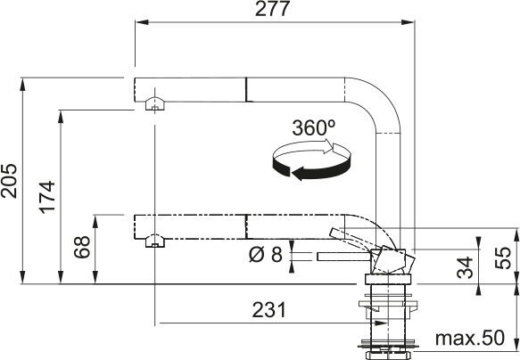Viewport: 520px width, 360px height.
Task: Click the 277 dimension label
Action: point(272,9)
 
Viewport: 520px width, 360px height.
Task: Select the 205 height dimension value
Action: point(9,181)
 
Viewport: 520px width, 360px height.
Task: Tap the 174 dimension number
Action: point(47,197)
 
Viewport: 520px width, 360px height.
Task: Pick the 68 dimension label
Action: point(82,247)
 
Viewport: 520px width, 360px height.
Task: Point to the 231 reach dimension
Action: point(268,310)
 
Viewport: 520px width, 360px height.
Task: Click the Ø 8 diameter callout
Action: point(265,255)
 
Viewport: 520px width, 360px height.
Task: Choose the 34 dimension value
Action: point(465,267)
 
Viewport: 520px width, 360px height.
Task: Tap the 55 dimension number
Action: point(503,258)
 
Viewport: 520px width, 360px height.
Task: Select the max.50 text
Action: point(469,338)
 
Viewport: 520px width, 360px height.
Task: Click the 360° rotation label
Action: point(313,127)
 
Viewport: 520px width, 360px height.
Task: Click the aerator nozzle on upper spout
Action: point(154,103)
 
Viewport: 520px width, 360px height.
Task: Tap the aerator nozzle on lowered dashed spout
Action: point(155,241)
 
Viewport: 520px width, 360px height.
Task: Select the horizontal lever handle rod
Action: point(344,257)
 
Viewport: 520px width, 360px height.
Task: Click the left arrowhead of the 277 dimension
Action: point(141,22)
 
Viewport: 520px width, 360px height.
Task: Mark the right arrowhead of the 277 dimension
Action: point(408,22)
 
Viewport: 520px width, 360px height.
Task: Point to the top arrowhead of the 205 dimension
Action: point(22,85)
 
